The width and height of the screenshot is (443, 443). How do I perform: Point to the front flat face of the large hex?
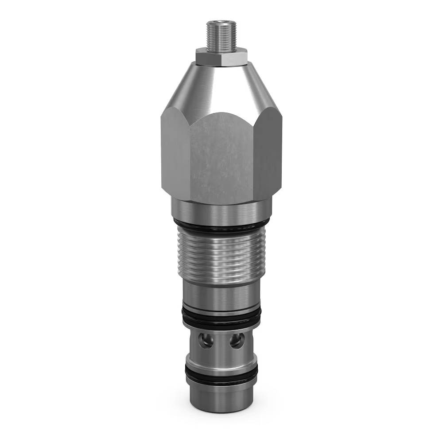tap(221, 155)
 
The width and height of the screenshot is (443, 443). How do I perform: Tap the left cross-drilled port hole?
tap(206, 341)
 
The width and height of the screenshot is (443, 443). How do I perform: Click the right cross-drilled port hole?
tap(237, 341)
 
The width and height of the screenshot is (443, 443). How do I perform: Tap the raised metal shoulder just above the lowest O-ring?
tap(221, 364)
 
